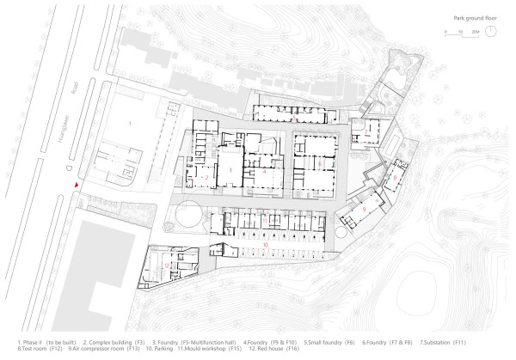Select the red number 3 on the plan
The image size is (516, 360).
(230, 170)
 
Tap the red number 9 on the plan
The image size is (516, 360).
(364, 210)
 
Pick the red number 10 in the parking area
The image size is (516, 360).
(266, 246)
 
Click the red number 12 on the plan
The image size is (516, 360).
(165, 266)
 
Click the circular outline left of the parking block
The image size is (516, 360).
(189, 216)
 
